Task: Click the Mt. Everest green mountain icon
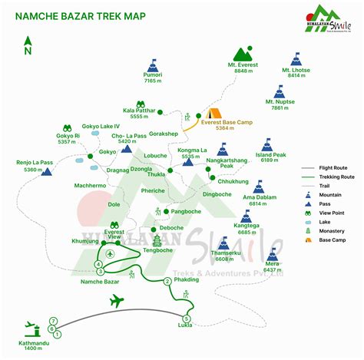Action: tap(246, 54)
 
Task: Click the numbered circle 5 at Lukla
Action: tap(186, 318)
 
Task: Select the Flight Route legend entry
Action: tap(338, 167)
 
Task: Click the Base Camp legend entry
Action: tap(338, 239)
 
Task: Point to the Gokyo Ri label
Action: tap(67, 139)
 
